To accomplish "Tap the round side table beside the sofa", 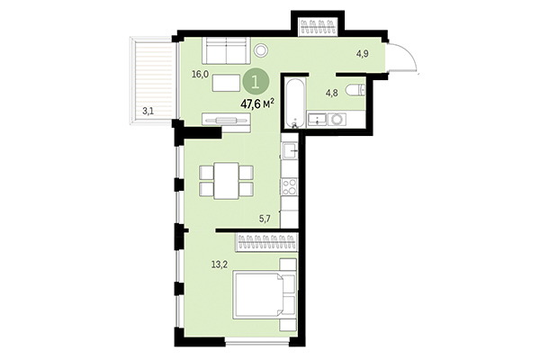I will click(x=262, y=51).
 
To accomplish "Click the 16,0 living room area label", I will click(x=200, y=75).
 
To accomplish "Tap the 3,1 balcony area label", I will click(x=148, y=111).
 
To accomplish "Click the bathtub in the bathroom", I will click(x=294, y=103).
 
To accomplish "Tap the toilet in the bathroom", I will click(x=357, y=88).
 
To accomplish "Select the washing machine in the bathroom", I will click(x=337, y=118).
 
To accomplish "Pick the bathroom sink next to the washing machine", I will click(x=317, y=118).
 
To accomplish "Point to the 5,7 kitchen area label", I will click(x=265, y=218).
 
